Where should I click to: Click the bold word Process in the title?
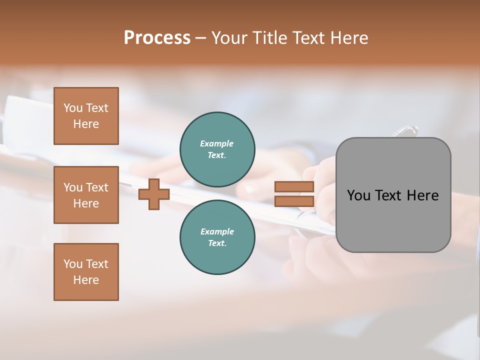[x=157, y=38]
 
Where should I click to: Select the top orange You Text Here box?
[x=86, y=116]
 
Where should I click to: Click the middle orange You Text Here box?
[x=86, y=195]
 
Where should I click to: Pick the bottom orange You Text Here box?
[x=86, y=272]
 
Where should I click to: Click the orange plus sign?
[x=154, y=194]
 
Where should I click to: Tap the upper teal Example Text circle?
[x=217, y=149]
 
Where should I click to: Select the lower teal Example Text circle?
[x=217, y=237]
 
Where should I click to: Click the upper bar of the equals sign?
[x=294, y=187]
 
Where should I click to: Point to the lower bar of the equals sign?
[x=294, y=201]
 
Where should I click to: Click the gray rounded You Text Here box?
[x=393, y=220]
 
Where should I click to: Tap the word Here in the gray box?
[x=422, y=195]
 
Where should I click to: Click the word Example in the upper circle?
[x=217, y=143]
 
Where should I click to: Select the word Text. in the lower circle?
[x=217, y=243]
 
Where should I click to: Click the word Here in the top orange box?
[x=86, y=124]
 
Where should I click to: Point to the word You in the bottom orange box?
[x=73, y=264]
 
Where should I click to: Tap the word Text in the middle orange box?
[x=96, y=187]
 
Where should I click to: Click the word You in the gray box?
[x=358, y=195]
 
